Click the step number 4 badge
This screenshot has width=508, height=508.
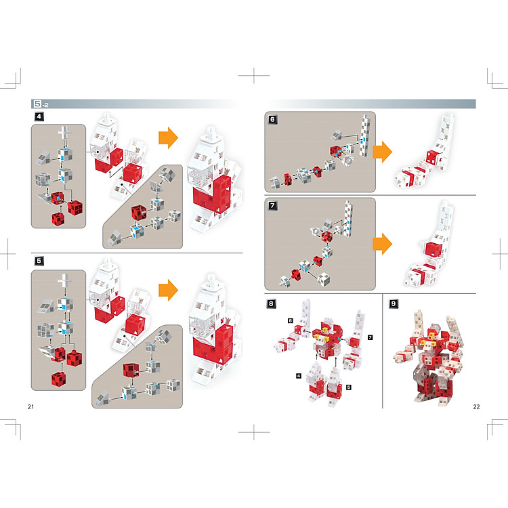coord(39,117)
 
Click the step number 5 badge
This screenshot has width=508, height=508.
coord(39,261)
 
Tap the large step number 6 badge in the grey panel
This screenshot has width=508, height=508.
coord(272,119)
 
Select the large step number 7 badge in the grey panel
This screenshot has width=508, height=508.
coord(272,205)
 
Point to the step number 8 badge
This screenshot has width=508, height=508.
coord(271,303)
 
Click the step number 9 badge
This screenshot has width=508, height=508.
coord(394,303)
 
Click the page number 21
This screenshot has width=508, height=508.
coord(30,406)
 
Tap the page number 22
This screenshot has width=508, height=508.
coord(476,406)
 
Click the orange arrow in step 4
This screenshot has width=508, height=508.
coord(168,138)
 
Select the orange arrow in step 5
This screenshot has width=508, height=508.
coord(168,290)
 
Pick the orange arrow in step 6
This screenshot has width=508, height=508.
coord(382,152)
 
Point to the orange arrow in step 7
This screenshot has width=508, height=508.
coord(382,244)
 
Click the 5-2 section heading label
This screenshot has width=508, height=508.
coord(41,104)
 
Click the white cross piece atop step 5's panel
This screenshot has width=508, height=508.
coord(64,281)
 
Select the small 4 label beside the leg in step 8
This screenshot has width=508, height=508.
coord(299,376)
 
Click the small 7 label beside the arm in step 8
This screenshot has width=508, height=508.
coord(371,337)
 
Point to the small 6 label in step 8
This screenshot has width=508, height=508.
coord(291,321)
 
